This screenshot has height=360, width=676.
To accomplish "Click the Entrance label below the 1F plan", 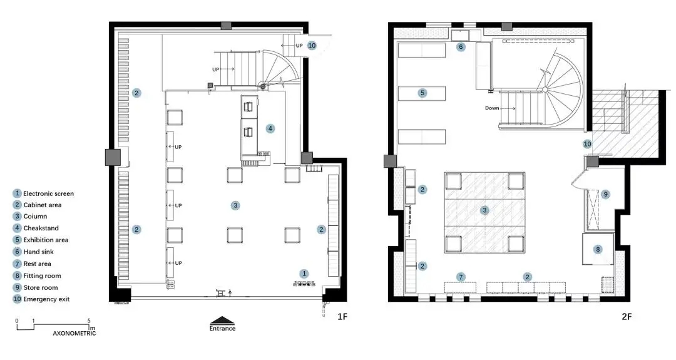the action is (222, 329).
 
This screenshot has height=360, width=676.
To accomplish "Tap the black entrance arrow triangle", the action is (222, 321).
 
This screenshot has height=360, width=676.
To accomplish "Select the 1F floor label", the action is (342, 317).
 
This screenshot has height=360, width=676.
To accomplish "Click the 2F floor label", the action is (627, 317).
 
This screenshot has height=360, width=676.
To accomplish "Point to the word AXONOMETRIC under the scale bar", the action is (74, 333).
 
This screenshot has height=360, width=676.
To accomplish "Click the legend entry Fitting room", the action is (42, 276).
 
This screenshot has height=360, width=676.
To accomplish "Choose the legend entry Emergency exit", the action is (46, 299).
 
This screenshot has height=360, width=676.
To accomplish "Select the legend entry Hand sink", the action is (38, 252).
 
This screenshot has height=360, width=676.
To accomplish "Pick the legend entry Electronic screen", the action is (48, 194).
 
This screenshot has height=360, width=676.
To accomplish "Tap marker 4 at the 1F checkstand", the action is (270, 128).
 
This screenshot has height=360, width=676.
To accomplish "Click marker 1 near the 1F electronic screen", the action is (304, 274).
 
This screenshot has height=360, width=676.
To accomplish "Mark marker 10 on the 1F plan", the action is (312, 45).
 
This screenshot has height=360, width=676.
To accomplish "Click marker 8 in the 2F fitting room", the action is (598, 249).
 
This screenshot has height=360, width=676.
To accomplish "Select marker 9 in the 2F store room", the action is (605, 194).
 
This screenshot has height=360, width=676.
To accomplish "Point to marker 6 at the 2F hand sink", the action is (461, 46).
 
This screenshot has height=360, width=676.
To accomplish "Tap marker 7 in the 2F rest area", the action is (461, 277).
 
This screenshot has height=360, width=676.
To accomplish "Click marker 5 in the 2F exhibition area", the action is (422, 93).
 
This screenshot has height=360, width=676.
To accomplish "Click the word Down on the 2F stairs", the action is (492, 108).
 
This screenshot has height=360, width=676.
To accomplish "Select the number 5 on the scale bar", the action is (90, 321).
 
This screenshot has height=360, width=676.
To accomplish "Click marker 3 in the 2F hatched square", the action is (484, 210).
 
